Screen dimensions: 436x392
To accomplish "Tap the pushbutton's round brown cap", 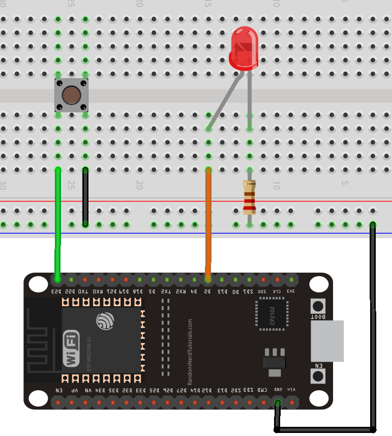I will coord(72,95).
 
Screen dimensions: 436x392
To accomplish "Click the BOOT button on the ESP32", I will coord(318,307).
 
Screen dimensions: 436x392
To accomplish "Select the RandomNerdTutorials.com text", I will coord(190,351).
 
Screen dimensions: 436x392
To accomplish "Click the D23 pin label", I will coord(56,292).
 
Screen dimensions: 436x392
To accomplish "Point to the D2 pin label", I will coord(208,292).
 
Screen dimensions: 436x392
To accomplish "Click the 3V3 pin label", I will coord(291,292).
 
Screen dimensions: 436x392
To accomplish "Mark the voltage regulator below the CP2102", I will coord(275,359).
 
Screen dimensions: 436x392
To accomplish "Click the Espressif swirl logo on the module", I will coord(105,321).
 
